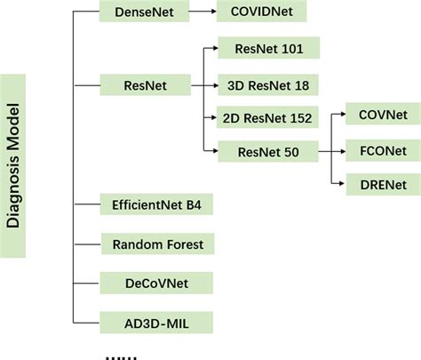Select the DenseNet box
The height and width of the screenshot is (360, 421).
click(145, 12)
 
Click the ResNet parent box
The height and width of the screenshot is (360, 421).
click(145, 85)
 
